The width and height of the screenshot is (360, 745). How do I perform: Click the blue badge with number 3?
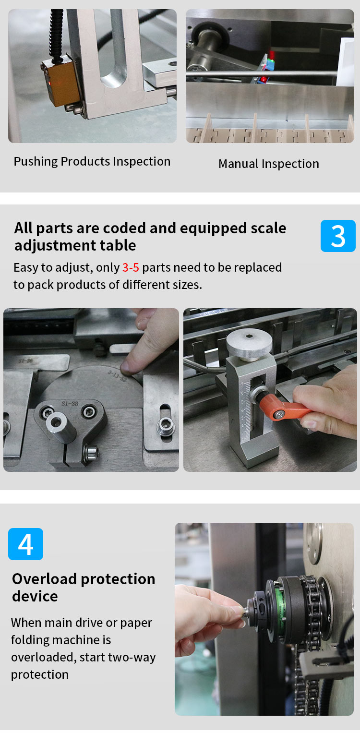[x=338, y=236]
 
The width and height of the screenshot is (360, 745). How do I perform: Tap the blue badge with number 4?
[x=25, y=544]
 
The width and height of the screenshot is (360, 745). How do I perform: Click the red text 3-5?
[x=131, y=267]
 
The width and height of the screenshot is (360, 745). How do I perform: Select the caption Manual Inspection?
[x=269, y=164]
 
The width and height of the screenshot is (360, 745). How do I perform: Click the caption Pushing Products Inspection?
[x=92, y=162]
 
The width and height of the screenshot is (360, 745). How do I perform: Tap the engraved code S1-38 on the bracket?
[x=70, y=403]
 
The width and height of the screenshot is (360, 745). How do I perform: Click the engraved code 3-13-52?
[x=117, y=376]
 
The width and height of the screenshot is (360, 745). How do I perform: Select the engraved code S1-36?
[x=25, y=361]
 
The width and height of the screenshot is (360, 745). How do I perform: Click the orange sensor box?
[x=60, y=81]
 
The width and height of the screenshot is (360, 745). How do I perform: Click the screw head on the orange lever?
[x=279, y=414]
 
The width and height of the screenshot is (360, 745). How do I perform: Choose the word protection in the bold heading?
[x=118, y=579]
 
